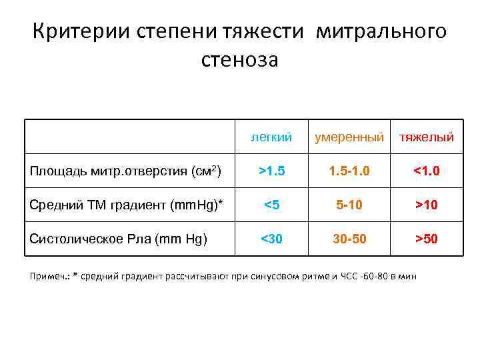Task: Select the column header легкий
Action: click(271, 137)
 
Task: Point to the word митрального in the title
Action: click(382, 31)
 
